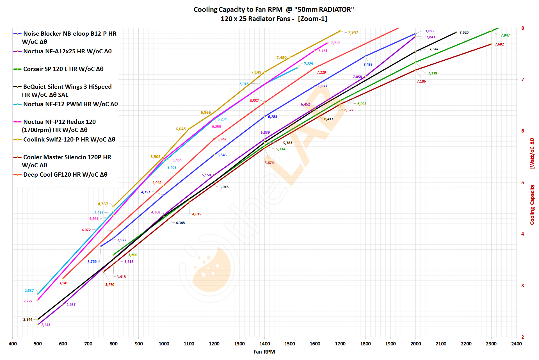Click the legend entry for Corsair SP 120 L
63,69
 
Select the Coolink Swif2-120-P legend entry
69,140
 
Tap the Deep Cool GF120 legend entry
65,175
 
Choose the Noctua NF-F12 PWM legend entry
70,104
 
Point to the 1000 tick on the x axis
164,344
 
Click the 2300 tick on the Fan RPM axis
491,344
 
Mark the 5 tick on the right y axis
522,183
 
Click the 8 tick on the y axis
522,28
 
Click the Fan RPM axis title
264,352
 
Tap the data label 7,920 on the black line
464,33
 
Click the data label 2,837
29,291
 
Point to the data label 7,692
499,44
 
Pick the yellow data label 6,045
181,129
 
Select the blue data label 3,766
92,262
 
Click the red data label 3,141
63,283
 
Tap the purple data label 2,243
46,325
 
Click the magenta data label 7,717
335,43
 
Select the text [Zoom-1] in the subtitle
312,19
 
